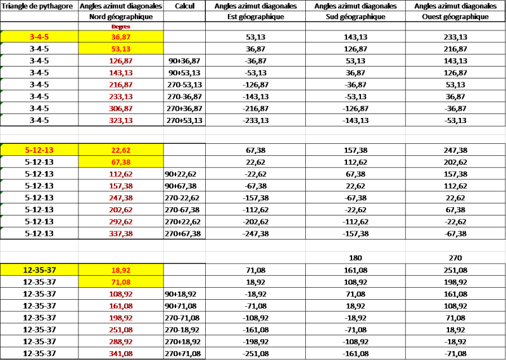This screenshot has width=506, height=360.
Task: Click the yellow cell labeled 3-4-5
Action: tap(40, 37)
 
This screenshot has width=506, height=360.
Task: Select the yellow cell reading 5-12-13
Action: tap(40, 150)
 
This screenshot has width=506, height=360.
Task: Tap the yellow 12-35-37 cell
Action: tap(40, 269)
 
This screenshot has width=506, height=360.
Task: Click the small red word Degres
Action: tap(120, 28)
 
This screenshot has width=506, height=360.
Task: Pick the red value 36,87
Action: tap(120, 37)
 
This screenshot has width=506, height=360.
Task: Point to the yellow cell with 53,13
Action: tap(120, 49)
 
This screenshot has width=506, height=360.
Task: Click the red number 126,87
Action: tap(120, 61)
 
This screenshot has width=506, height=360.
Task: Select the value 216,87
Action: tap(120, 84)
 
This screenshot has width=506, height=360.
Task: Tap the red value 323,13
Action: tap(120, 120)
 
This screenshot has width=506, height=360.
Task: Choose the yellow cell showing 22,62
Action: tap(120, 150)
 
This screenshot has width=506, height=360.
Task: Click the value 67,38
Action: tap(120, 162)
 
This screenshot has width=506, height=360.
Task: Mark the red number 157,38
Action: tap(120, 186)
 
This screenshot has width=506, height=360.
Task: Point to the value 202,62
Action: tap(120, 209)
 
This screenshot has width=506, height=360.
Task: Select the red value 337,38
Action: tap(120, 233)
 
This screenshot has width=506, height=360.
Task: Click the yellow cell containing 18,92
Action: tap(120, 269)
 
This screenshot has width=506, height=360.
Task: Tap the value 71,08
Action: tap(120, 281)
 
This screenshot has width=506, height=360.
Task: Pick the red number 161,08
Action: tap(120, 305)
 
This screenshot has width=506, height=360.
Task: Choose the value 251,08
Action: tap(120, 329)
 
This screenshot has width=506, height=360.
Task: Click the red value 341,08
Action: tap(120, 352)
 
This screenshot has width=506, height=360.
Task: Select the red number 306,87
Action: tap(120, 108)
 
